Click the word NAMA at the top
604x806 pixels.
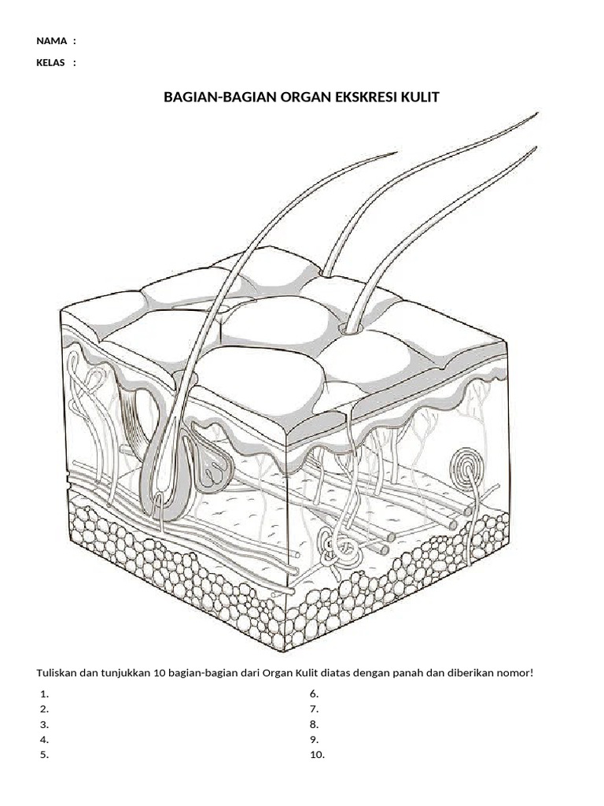coord(51,41)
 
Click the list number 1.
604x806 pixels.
coord(45,694)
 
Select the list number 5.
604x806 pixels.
coord(45,755)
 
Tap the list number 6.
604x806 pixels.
coord(313,694)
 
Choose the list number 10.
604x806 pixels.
coord(316,755)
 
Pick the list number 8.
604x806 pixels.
coord(313,724)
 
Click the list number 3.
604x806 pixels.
coord(45,724)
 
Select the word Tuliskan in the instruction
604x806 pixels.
coord(58,673)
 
